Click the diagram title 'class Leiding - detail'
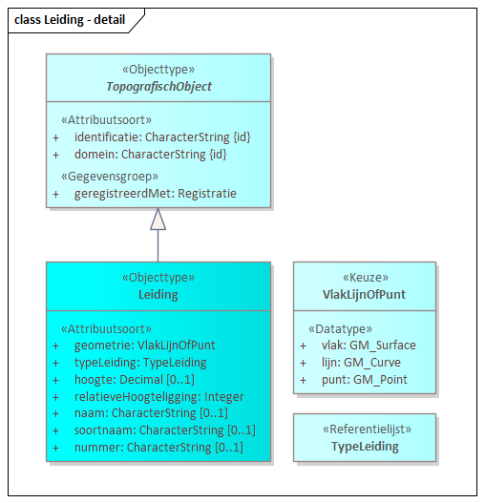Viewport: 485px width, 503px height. coord(70,19)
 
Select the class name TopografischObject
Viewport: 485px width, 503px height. coord(158,87)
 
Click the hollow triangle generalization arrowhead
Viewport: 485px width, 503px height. coord(158,219)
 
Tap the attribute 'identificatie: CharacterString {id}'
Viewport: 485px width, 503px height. coord(162,137)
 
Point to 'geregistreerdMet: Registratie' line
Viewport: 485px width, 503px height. coord(156,193)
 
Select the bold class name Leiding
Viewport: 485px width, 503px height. coord(158,295)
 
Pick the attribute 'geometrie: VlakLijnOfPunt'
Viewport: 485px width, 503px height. coord(144,346)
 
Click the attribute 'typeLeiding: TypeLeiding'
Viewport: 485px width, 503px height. coord(140,363)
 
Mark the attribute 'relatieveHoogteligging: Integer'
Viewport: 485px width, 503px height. coord(158,396)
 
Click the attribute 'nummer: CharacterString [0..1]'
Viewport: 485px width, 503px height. coord(158,447)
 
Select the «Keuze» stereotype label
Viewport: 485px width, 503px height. coord(365,278)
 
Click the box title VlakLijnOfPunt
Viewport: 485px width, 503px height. coord(365,295)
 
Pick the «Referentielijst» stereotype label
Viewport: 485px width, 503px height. coord(365,430)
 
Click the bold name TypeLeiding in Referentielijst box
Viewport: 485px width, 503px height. coord(365,447)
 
